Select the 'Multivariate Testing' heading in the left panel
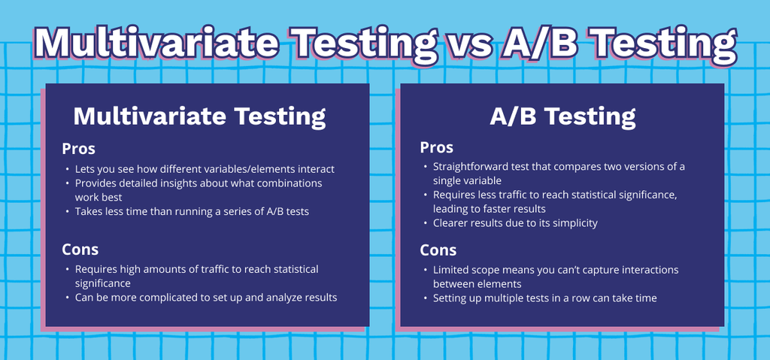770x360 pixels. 199,117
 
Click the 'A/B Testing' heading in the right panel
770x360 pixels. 562,117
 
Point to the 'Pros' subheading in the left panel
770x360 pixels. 78,149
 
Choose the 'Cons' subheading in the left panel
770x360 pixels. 80,249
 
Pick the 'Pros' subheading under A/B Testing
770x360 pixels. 437,147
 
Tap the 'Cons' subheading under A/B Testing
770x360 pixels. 438,250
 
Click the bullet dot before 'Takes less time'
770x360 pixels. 67,212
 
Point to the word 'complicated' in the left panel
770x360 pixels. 172,298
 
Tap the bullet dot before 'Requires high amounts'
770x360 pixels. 67,270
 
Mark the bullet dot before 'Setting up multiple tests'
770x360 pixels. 426,298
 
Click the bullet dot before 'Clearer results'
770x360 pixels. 426,223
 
